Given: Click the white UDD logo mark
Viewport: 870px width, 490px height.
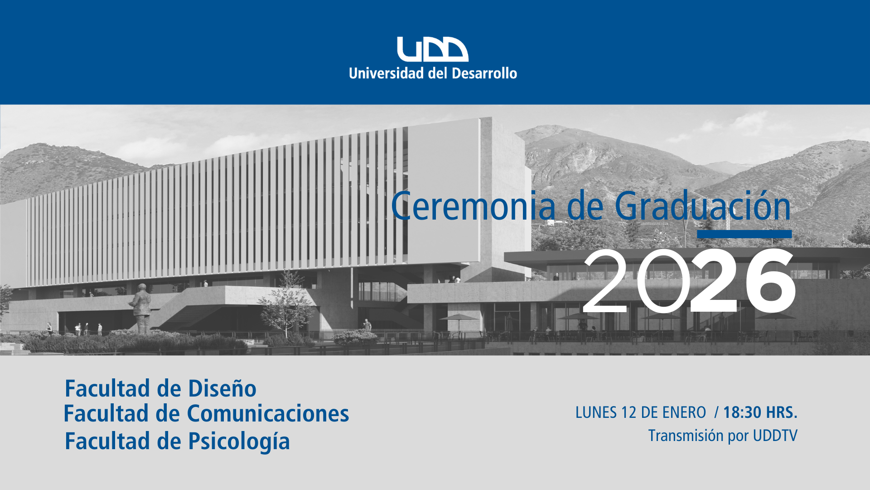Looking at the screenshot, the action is (433, 49).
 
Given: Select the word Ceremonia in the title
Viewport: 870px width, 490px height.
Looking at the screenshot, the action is (474, 206).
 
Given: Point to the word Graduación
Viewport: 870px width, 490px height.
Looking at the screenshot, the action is (703, 206).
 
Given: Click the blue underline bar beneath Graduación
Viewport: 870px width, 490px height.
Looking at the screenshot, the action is (744, 234).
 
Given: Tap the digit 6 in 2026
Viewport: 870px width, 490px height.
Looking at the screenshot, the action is (770, 280).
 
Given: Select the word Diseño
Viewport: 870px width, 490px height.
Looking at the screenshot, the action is (222, 388).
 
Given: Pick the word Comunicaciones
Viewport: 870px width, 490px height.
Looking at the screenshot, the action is (268, 414).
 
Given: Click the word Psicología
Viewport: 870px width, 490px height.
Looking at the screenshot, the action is (239, 441).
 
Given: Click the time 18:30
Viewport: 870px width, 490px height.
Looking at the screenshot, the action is (742, 412).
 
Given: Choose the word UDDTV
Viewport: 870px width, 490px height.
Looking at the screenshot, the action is (775, 436).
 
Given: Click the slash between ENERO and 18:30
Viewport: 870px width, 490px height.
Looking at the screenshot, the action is (716, 412).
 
